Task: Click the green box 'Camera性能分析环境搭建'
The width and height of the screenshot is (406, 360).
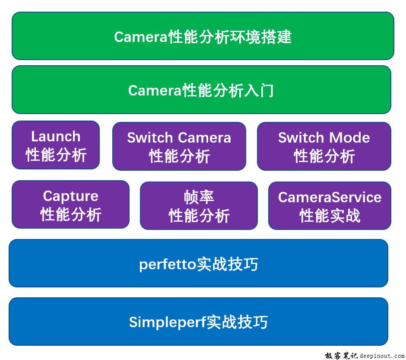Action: click(203, 36)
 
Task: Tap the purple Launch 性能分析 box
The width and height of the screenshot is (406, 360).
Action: click(56, 145)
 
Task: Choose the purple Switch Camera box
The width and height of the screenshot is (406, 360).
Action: click(179, 147)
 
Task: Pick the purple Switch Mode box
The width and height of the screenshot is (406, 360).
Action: click(324, 147)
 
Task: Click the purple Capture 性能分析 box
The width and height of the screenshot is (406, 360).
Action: click(70, 204)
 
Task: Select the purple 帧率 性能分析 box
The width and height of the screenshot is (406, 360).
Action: click(199, 206)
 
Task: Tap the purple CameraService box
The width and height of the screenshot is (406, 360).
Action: click(330, 206)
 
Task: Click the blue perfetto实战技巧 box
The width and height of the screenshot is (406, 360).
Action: click(198, 263)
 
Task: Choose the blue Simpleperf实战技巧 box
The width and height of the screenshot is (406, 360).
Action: click(198, 322)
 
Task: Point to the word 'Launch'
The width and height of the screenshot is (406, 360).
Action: click(56, 137)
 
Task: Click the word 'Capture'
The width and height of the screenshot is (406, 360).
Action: click(70, 196)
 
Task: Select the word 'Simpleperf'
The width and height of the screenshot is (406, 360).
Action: click(167, 322)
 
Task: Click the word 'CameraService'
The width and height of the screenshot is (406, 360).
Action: click(330, 198)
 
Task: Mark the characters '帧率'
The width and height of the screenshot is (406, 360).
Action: click(199, 198)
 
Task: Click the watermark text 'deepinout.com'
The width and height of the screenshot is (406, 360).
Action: click(382, 356)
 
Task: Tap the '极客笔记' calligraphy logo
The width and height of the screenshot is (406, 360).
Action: click(341, 356)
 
